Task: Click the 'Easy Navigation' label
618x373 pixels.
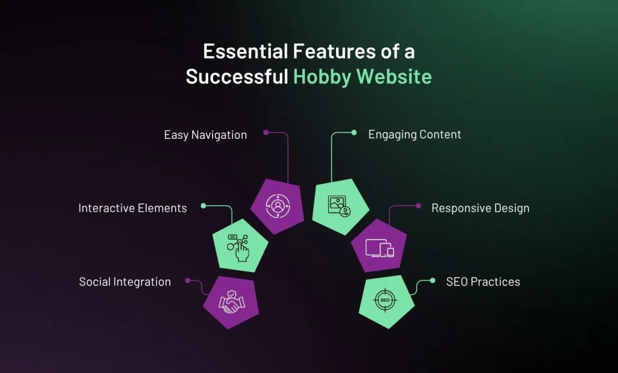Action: coord(205,135)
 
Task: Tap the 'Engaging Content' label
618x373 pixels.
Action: coord(415,135)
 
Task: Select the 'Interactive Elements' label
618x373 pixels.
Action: coord(132,208)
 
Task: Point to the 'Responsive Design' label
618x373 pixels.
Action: coord(480,208)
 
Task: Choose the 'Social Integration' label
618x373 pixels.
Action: coord(125,281)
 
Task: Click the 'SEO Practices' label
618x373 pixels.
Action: coord(483,281)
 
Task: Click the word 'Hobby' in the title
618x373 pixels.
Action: coord(322,77)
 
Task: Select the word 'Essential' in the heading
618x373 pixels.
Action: coord(246,52)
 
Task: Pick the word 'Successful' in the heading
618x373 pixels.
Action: coord(237,76)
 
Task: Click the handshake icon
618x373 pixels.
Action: coord(232,302)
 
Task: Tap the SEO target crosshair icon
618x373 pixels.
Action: coord(385,300)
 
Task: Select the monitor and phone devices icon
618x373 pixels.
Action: coord(380,248)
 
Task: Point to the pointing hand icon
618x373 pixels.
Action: coord(238,247)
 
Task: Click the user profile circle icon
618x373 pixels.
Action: coord(278,206)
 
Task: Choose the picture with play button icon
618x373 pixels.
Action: coord(339,206)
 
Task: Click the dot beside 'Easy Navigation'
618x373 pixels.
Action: coord(266,133)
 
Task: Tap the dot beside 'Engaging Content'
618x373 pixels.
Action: coord(354,133)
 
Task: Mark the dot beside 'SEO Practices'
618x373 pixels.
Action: coord(432,281)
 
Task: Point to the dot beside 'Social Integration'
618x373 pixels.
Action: coord(188,281)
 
